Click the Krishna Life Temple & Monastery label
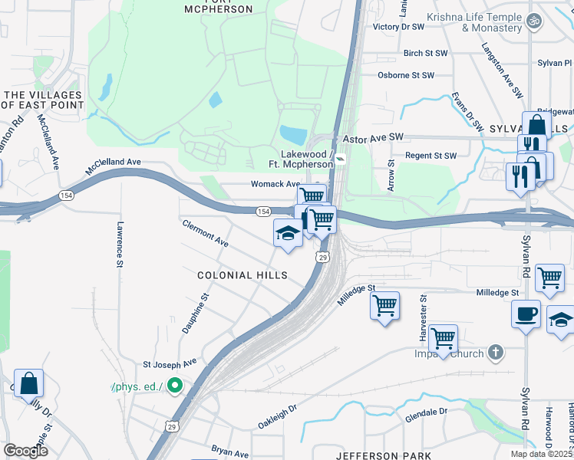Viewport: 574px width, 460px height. point(481,22)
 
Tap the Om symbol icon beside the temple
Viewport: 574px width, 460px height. point(536,18)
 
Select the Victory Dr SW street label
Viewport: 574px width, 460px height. point(398,27)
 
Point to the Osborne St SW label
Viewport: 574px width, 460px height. point(406,75)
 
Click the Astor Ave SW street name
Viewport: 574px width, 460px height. point(373,138)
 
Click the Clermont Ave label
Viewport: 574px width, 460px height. point(205,233)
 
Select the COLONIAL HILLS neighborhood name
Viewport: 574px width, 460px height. point(242,275)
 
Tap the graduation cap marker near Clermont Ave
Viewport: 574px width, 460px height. point(288,234)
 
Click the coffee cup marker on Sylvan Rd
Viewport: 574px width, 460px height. point(526,314)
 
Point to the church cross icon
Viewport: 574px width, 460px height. point(496,353)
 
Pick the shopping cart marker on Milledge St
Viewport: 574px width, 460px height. point(384,305)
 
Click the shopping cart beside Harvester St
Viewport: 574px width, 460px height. point(443,338)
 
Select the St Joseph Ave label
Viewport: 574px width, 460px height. point(170,362)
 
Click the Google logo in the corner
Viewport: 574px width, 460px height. point(25,451)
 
